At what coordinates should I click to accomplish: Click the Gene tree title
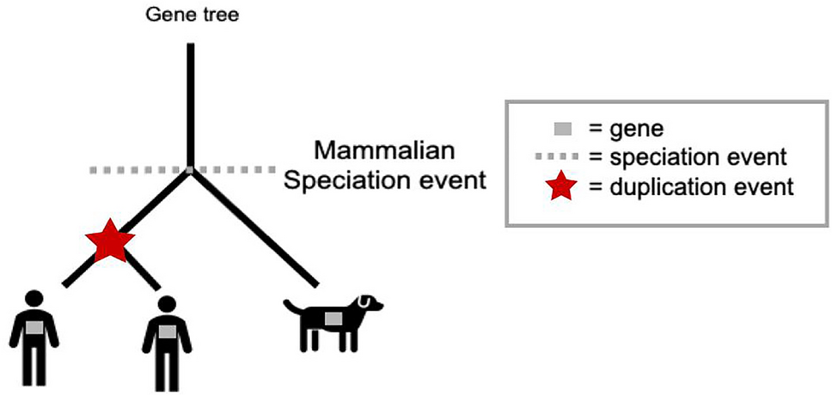[190, 15]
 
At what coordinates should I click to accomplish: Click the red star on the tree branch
[109, 242]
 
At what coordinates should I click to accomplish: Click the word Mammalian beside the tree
[382, 151]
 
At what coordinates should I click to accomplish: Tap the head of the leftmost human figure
[34, 300]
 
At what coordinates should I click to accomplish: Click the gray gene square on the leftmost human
[34, 327]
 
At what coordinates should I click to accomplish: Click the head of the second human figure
[167, 304]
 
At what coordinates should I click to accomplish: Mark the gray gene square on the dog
[333, 319]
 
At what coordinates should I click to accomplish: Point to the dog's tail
[291, 305]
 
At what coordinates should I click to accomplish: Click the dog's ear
[367, 302]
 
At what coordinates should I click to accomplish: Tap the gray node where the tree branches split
[191, 170]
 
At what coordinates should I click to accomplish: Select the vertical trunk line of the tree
[191, 103]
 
